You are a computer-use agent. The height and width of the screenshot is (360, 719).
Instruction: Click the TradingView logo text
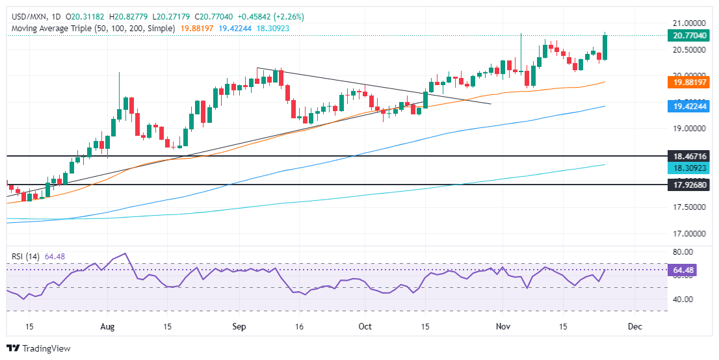click(46, 348)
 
